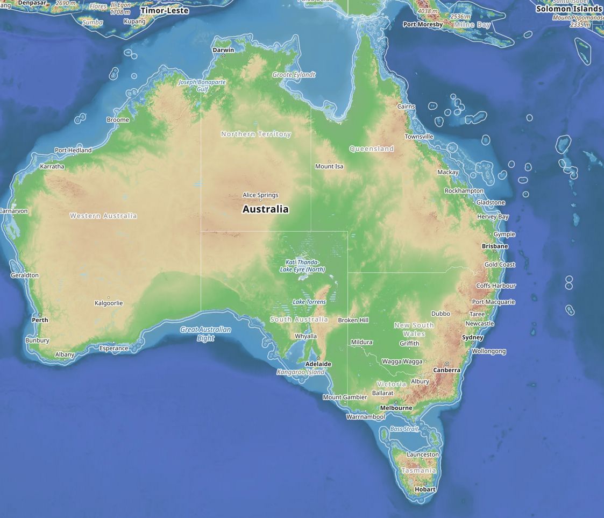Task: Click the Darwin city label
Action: pyautogui.click(x=223, y=50)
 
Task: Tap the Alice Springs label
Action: pyautogui.click(x=260, y=195)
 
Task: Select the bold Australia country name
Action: pyautogui.click(x=265, y=209)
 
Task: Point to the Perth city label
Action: pyautogui.click(x=40, y=320)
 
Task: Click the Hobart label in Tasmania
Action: pyautogui.click(x=425, y=489)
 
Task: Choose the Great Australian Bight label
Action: pyautogui.click(x=205, y=334)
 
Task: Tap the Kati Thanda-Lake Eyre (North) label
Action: pyautogui.click(x=302, y=266)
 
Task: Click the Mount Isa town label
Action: pyautogui.click(x=329, y=166)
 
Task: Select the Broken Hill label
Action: pyautogui.click(x=353, y=320)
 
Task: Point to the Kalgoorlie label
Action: pyautogui.click(x=109, y=303)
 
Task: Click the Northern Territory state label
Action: pyautogui.click(x=256, y=134)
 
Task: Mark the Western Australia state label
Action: pyautogui.click(x=103, y=216)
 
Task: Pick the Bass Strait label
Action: pyautogui.click(x=404, y=429)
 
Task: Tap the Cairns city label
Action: pyautogui.click(x=406, y=107)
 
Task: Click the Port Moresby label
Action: pyautogui.click(x=423, y=25)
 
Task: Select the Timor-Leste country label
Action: pyautogui.click(x=165, y=10)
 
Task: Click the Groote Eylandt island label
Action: pyautogui.click(x=294, y=75)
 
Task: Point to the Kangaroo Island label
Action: pyautogui.click(x=301, y=372)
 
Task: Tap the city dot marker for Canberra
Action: pyautogui.click(x=446, y=364)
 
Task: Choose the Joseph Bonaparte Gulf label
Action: pyautogui.click(x=202, y=86)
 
